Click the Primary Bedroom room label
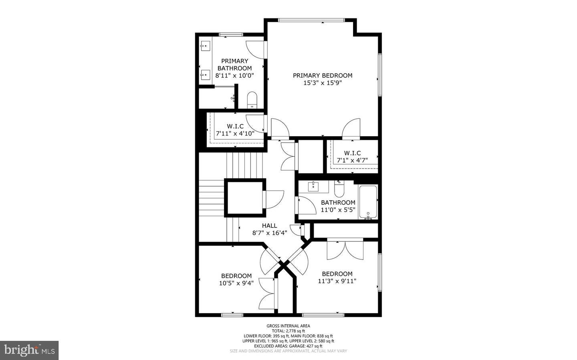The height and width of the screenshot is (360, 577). pyautogui.click(x=323, y=75)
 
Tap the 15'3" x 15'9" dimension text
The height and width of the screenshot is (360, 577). pyautogui.click(x=323, y=83)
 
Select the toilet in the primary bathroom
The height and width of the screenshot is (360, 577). pyautogui.click(x=252, y=100)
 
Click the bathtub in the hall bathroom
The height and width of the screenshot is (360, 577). pyautogui.click(x=368, y=202)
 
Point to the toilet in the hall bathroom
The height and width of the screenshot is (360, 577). pyautogui.click(x=339, y=189)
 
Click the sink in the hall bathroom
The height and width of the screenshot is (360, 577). pyautogui.click(x=313, y=187)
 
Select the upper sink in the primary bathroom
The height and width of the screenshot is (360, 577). pyautogui.click(x=205, y=47)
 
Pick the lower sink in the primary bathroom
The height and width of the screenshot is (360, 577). pyautogui.click(x=205, y=74)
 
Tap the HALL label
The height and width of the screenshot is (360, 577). pyautogui.click(x=269, y=226)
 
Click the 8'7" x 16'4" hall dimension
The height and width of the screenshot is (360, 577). pyautogui.click(x=269, y=233)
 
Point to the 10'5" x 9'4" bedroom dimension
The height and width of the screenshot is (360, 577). pyautogui.click(x=236, y=283)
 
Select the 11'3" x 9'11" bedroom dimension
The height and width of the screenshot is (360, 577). pyautogui.click(x=337, y=281)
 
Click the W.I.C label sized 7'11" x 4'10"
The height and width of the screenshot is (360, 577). pyautogui.click(x=235, y=126)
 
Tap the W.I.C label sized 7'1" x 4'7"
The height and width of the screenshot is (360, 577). pyautogui.click(x=352, y=153)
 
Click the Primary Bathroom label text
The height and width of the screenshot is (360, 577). pyautogui.click(x=235, y=64)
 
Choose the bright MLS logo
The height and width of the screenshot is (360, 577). pyautogui.click(x=29, y=350)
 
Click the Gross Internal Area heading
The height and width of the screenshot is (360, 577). pyautogui.click(x=288, y=326)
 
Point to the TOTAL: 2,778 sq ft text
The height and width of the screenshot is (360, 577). pyautogui.click(x=288, y=331)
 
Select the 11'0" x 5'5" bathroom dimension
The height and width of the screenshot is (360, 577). pyautogui.click(x=338, y=209)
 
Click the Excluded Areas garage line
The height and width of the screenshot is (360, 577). pyautogui.click(x=288, y=346)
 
